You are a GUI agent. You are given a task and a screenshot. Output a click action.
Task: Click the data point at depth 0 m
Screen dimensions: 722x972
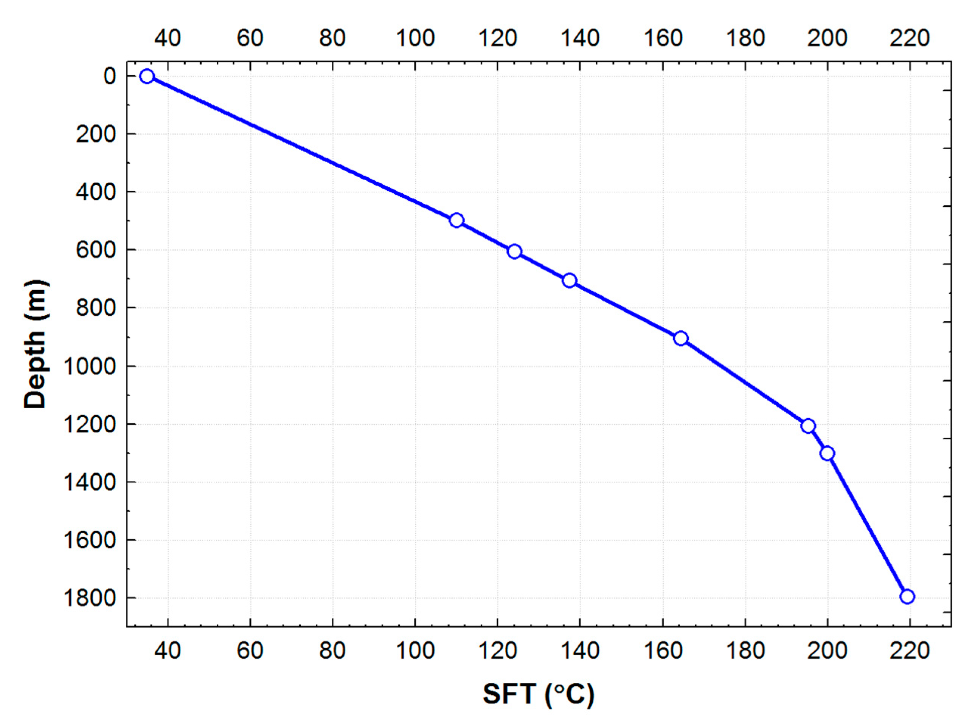tap(147, 76)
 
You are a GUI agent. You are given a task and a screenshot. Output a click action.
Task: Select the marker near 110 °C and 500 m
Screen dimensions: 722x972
tap(456, 220)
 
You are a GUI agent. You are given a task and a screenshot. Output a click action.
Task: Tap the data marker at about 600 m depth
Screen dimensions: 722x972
tap(515, 252)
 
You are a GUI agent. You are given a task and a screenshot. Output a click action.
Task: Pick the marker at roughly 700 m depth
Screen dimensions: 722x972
tap(569, 280)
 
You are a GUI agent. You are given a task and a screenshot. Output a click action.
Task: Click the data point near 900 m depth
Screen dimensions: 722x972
tap(681, 338)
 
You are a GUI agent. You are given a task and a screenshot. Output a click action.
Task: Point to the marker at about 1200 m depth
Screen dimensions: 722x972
tap(808, 426)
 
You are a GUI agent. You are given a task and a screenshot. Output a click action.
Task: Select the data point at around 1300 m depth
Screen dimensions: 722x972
tap(827, 454)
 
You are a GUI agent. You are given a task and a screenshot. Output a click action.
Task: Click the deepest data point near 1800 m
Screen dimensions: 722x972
tap(907, 597)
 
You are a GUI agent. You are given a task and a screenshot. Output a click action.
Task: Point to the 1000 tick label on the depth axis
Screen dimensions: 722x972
tap(89, 366)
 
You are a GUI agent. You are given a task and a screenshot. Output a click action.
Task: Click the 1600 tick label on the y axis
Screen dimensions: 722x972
tap(89, 541)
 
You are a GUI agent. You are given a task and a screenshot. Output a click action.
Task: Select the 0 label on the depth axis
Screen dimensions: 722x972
tap(110, 76)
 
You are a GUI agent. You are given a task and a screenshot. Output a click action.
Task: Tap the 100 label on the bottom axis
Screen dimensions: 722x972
tap(415, 651)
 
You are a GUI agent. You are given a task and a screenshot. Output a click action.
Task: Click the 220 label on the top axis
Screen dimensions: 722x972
tap(910, 39)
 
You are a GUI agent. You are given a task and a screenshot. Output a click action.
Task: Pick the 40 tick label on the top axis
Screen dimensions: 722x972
tap(168, 39)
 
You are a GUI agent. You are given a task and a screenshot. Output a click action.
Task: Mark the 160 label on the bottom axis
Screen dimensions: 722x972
tap(663, 651)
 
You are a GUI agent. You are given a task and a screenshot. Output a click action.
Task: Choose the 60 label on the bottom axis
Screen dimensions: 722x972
tap(250, 651)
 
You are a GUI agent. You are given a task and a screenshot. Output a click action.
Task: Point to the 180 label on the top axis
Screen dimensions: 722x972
tap(745, 39)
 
